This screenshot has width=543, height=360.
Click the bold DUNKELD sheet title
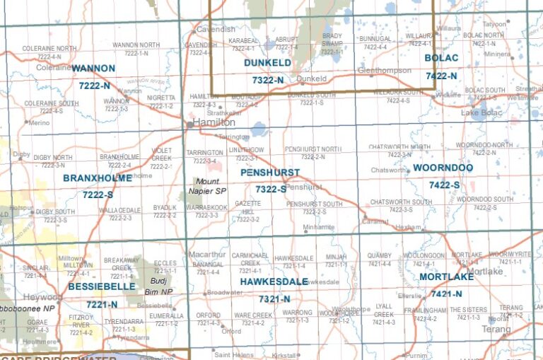(267, 63)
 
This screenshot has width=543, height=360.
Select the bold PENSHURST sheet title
(269, 173)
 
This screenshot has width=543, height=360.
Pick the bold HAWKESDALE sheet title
(273, 281)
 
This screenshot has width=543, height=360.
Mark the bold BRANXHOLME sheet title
(98, 178)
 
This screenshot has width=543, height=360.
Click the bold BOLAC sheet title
(441, 57)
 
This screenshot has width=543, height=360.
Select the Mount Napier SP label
(210, 186)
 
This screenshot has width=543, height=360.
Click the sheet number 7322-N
(267, 81)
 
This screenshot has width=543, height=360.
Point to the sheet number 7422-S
(444, 185)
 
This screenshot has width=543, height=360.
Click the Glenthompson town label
(385, 71)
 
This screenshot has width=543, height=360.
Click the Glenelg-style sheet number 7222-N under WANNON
(95, 86)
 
